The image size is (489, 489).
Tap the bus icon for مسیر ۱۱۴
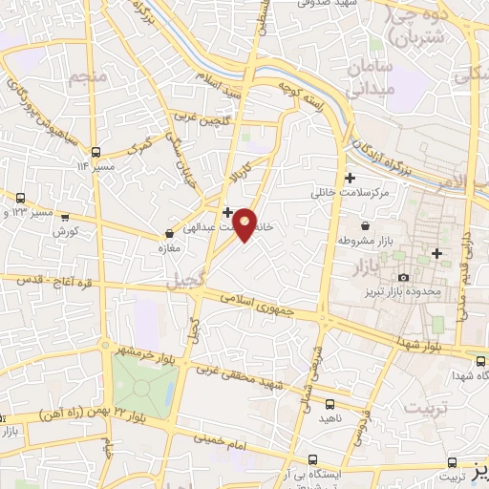(x=95, y=152)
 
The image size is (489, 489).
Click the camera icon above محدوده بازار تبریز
(x=404, y=277)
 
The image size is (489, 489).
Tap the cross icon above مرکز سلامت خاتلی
(x=351, y=178)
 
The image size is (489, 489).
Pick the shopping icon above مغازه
(x=170, y=232)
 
